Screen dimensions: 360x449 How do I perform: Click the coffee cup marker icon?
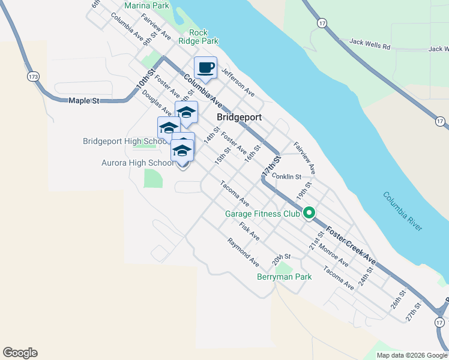coord(205,67)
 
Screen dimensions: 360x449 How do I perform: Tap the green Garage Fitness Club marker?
coord(310,213)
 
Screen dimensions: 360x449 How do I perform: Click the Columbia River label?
coord(402,212)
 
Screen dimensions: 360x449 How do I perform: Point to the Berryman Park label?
coord(284,277)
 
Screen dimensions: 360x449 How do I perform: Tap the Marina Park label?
coord(146,5)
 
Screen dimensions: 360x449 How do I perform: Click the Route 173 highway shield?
coord(33,77)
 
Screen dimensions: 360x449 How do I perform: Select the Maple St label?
coord(83,101)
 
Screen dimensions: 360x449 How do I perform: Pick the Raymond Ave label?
coord(243,253)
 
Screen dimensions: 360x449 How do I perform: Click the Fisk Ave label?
coord(249,232)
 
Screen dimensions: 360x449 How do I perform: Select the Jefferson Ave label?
coord(238,83)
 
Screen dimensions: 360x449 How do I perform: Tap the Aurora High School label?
coord(138,163)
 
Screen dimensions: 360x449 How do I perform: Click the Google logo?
coord(20,353)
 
